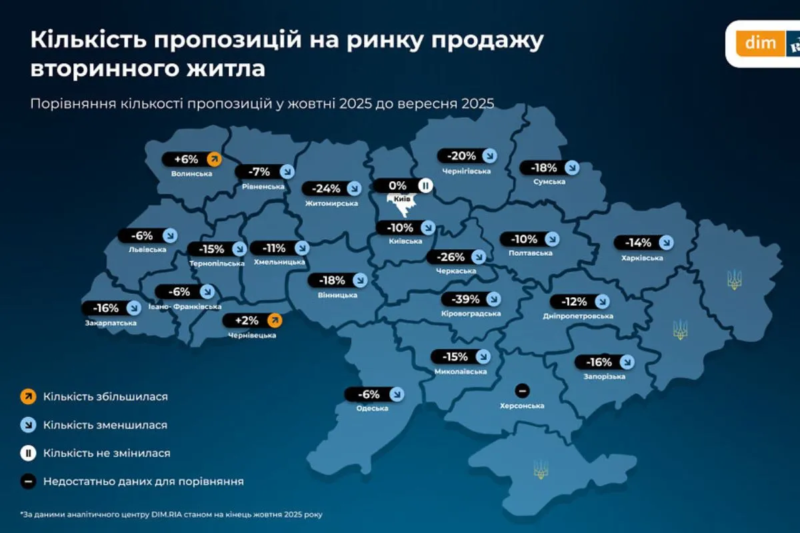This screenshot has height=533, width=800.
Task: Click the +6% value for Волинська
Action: [x=187, y=159]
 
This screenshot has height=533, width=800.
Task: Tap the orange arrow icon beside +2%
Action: [x=274, y=320]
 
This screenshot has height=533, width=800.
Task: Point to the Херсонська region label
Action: [x=522, y=406]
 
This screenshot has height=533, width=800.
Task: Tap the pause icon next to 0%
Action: [x=425, y=185]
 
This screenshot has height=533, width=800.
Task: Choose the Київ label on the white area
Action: [x=401, y=199]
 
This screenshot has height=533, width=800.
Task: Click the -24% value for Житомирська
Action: [x=324, y=189]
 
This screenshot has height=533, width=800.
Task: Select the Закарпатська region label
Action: [x=111, y=323]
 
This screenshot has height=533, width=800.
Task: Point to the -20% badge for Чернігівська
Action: [x=462, y=156]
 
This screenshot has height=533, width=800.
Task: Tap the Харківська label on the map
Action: [x=643, y=258]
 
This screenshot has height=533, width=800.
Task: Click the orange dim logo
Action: [x=761, y=43]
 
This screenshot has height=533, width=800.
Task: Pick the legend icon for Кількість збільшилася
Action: [x=28, y=396]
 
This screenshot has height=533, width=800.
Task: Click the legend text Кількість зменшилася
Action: [x=105, y=425]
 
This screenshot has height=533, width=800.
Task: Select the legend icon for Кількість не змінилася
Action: [x=28, y=453]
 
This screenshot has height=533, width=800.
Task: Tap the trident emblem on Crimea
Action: [x=541, y=470]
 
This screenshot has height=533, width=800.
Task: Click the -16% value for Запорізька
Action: [x=597, y=362]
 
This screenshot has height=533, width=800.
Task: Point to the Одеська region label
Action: [x=372, y=408]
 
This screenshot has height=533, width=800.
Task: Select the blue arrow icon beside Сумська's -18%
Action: [x=571, y=168]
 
